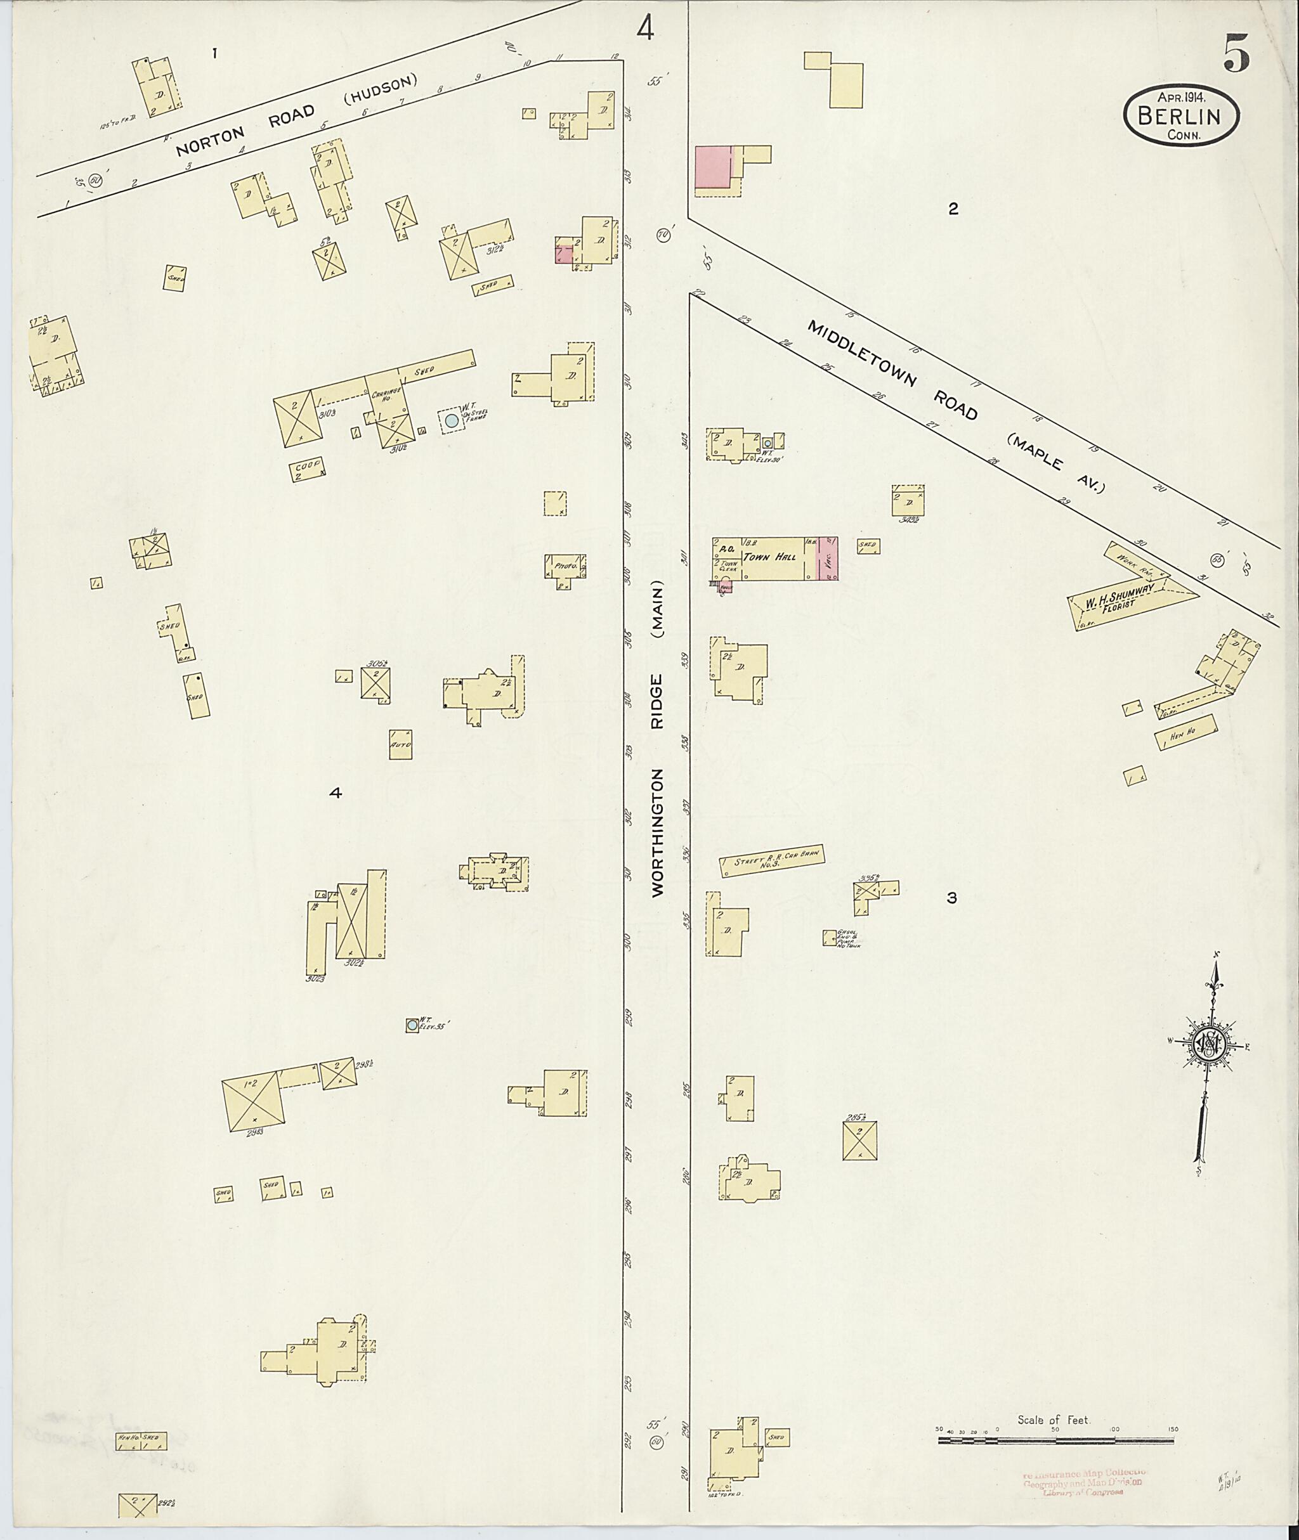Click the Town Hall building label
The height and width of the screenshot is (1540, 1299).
pos(769,557)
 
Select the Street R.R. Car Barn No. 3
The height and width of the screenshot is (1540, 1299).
pos(772,860)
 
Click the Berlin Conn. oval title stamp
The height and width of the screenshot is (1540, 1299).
pos(1181,115)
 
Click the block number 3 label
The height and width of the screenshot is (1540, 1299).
pos(952,898)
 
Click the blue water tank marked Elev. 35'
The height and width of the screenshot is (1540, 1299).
pos(412,1025)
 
